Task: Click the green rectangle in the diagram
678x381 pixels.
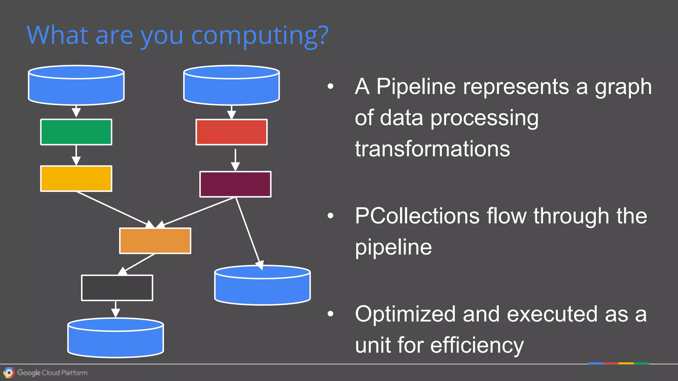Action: tap(76, 132)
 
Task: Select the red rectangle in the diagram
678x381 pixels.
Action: tap(231, 132)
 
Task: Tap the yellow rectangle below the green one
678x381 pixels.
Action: tap(76, 179)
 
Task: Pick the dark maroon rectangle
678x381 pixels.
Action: tap(235, 184)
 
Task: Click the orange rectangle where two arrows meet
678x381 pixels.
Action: tap(155, 241)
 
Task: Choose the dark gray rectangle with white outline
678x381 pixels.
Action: tap(117, 288)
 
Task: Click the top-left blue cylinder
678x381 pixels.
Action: tap(76, 86)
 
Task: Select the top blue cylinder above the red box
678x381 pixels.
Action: tap(231, 86)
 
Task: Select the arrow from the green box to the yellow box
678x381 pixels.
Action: tap(76, 155)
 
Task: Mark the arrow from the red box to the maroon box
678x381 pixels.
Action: tap(235, 159)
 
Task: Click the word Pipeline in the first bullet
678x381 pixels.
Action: tap(416, 87)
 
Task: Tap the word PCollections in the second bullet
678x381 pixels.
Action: tap(417, 216)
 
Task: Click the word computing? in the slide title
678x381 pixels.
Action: tap(260, 35)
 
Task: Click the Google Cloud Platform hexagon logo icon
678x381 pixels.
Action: tap(9, 373)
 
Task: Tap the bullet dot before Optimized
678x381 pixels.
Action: tap(330, 314)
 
